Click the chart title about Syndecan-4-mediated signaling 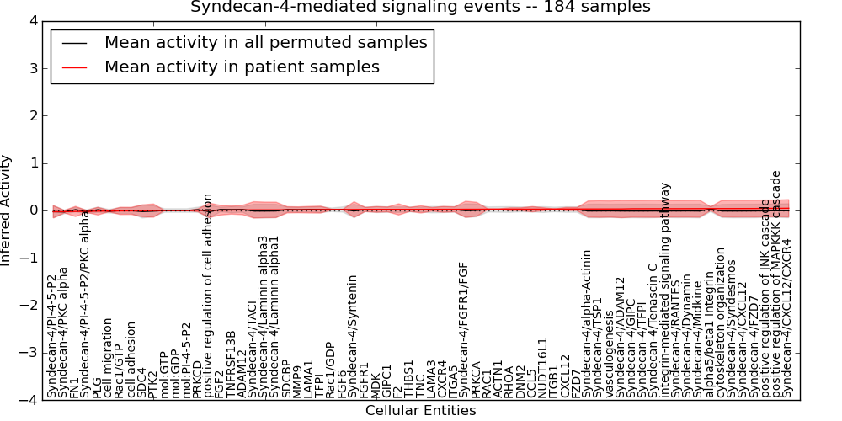pyautogui.click(x=420, y=7)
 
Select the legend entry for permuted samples pyautogui.click(x=265, y=42)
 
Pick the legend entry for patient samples pyautogui.click(x=242, y=67)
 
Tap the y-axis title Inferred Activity pyautogui.click(x=7, y=210)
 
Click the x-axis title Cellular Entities pyautogui.click(x=420, y=411)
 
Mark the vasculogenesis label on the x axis pyautogui.click(x=610, y=353)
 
